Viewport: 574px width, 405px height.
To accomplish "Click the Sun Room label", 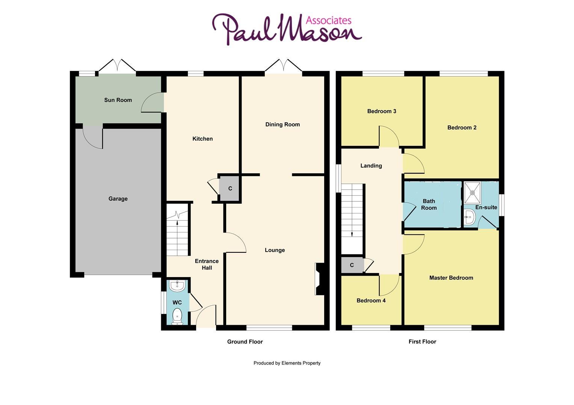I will [x=118, y=100].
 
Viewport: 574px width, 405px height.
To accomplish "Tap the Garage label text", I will [x=118, y=199].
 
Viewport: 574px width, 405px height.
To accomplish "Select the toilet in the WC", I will [x=177, y=316].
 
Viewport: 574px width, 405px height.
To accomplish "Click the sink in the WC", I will [x=177, y=286].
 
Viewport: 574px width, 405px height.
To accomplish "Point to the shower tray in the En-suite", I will [x=472, y=192].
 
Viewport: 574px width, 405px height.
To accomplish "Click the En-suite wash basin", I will [x=469, y=217].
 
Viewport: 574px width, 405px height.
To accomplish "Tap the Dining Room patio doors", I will [x=283, y=66].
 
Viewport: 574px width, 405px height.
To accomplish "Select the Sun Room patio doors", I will [x=117, y=66].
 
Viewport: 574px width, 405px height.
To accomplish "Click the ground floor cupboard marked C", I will [x=230, y=188].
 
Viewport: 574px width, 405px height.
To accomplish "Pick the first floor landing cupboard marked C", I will [x=352, y=265].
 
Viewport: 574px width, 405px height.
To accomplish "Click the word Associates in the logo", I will [x=329, y=20].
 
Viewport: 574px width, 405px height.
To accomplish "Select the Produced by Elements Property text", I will [x=287, y=363].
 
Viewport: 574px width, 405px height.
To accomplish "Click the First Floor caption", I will [x=422, y=342].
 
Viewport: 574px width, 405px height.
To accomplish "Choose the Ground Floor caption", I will [x=245, y=342].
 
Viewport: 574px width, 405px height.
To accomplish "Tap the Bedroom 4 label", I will [x=371, y=300].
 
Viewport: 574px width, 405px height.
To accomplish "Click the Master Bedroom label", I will [x=451, y=278].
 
